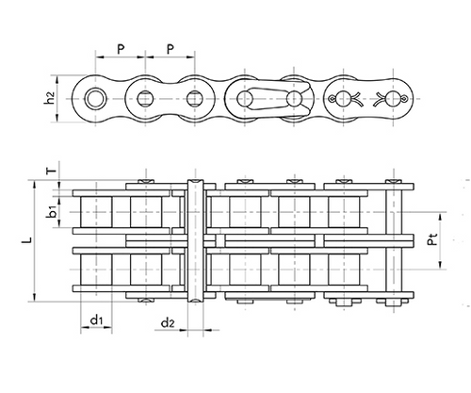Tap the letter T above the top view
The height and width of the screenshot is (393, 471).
click(x=52, y=171)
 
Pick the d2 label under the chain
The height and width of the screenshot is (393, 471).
click(x=167, y=323)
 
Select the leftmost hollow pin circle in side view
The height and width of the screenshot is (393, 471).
click(x=95, y=98)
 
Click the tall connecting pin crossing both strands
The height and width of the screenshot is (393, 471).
click(x=195, y=240)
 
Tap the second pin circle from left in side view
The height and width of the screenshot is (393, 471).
click(x=145, y=98)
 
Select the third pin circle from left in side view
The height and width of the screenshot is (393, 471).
click(x=195, y=98)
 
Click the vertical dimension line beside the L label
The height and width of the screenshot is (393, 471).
click(x=36, y=242)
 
